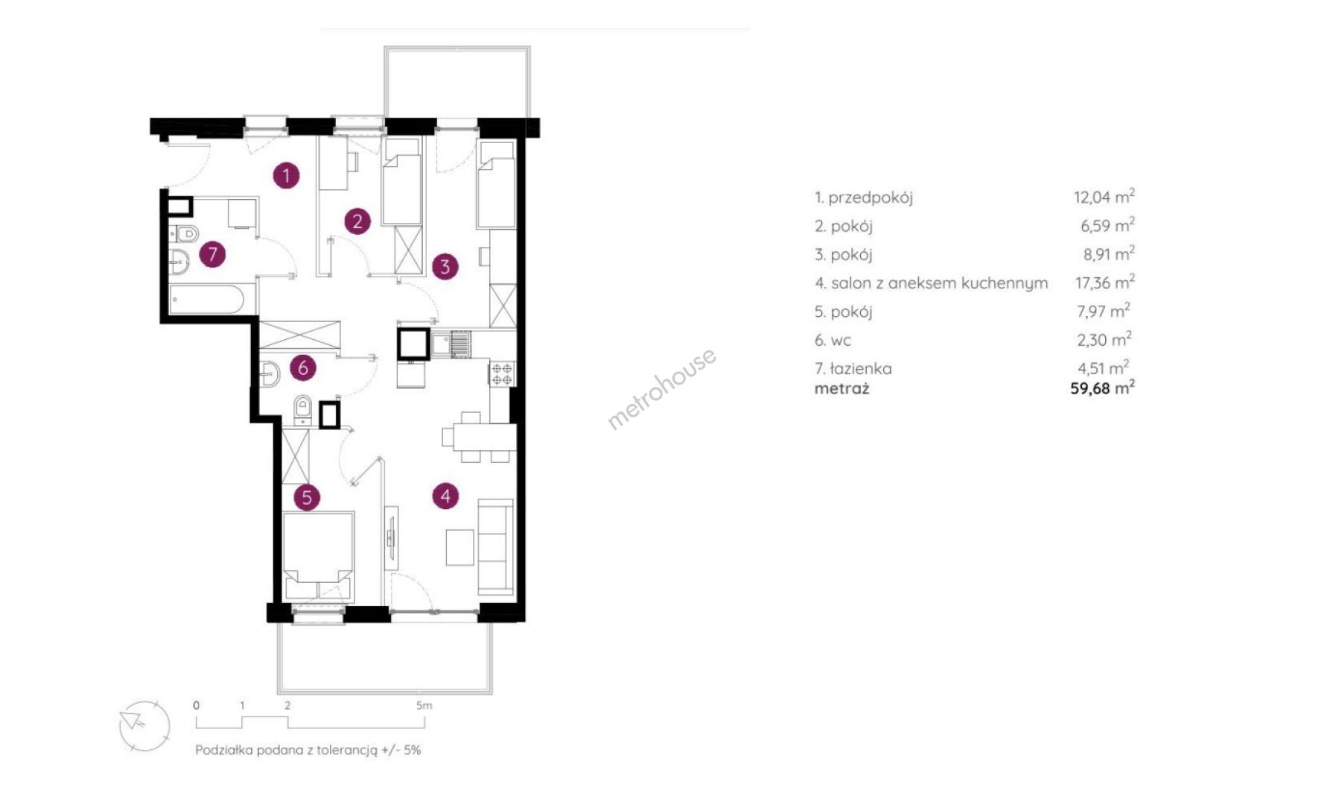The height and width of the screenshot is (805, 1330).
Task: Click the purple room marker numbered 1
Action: [x=286, y=176]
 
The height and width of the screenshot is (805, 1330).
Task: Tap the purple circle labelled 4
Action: [x=445, y=496]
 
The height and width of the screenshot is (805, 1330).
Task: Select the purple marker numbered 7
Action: [x=212, y=254]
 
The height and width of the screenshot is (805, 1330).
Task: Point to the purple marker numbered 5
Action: [x=306, y=497]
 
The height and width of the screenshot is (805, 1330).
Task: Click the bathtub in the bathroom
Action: [x=207, y=300]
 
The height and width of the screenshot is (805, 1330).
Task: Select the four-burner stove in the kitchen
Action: [x=502, y=373]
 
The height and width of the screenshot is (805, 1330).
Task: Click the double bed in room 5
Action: [x=318, y=555]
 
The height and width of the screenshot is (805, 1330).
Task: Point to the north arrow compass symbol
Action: [x=144, y=726]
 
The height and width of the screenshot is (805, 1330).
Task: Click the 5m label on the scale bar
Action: [x=424, y=705]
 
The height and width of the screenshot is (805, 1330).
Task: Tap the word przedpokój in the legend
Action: [x=871, y=198]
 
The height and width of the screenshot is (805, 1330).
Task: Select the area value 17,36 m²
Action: [x=1104, y=282]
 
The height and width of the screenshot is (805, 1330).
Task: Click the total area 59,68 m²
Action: [x=1102, y=388]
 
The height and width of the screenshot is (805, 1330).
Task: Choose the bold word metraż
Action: [x=841, y=388]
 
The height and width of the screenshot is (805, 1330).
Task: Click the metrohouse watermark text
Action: [x=661, y=388]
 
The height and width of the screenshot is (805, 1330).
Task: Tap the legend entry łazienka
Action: [x=860, y=368]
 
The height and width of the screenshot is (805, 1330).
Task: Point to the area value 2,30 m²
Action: [x=1104, y=340]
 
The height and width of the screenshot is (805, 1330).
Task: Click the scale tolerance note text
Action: [x=308, y=750]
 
